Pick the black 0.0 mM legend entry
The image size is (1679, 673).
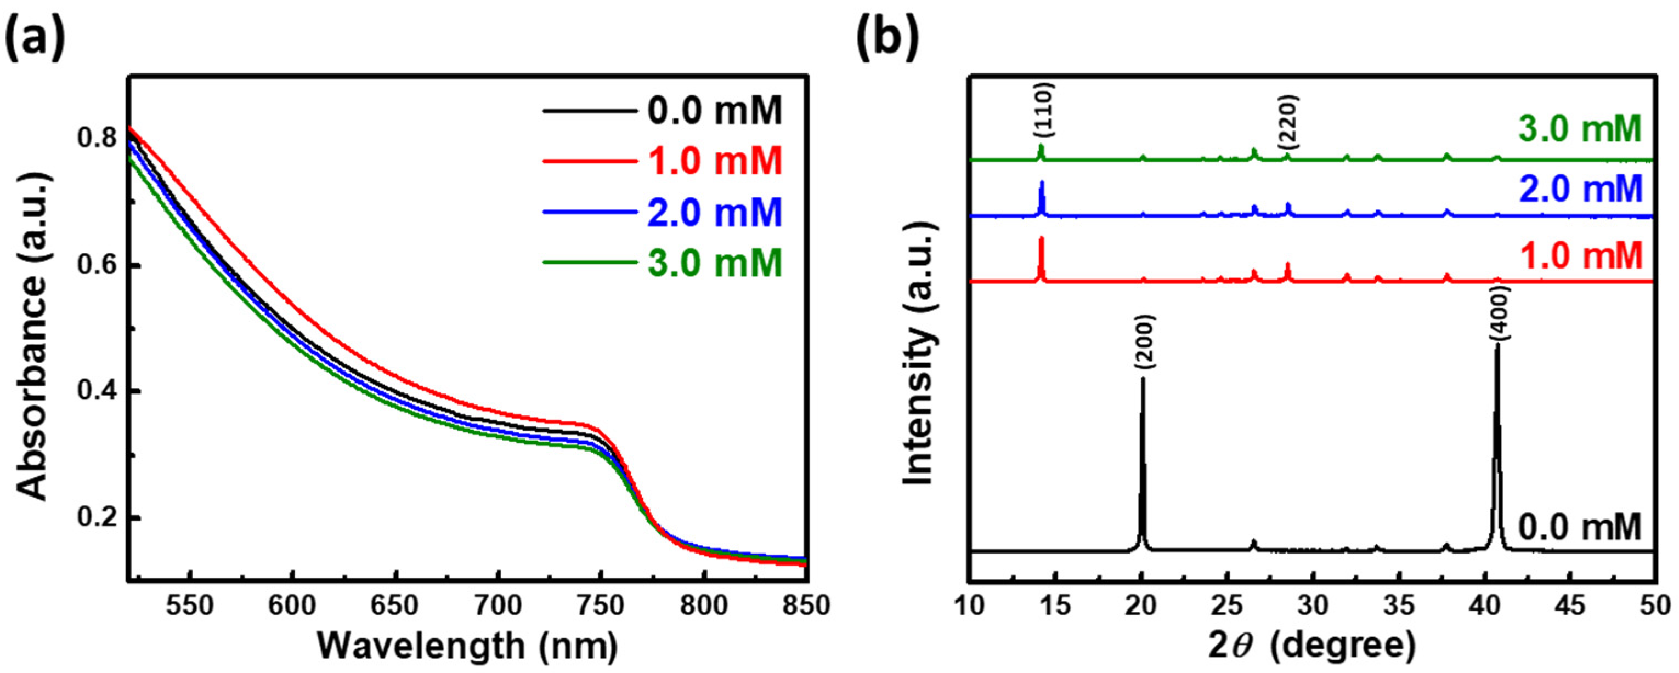[x=714, y=110]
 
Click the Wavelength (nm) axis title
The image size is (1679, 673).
[x=467, y=647]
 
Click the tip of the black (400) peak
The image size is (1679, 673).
[x=1497, y=345]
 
